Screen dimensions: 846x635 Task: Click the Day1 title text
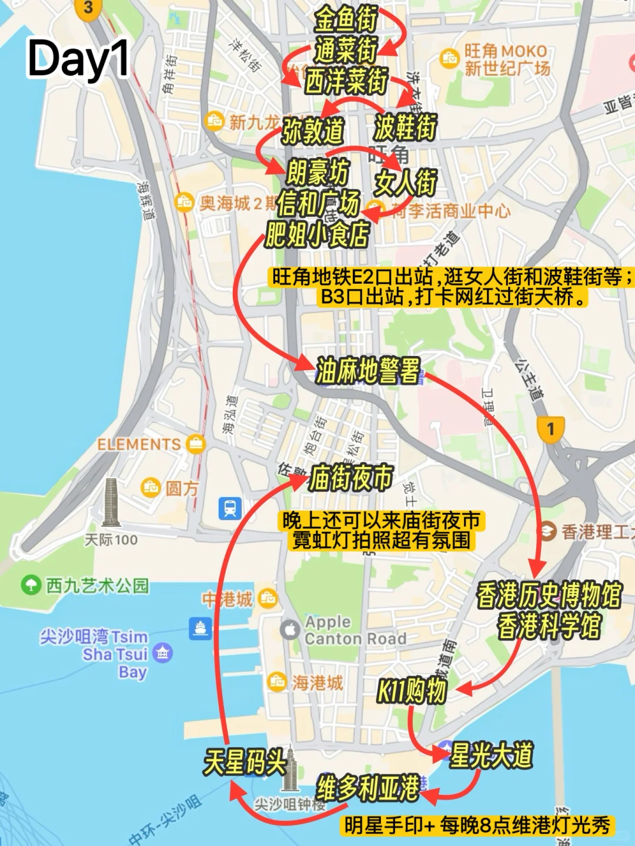tap(78, 59)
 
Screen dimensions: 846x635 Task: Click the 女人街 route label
tap(406, 183)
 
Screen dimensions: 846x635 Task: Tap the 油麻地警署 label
tap(368, 371)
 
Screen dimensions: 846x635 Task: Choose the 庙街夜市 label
tap(350, 478)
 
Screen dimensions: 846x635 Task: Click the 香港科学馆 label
tap(549, 626)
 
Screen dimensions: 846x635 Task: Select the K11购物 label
tap(412, 691)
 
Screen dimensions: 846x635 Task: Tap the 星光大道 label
tap(491, 755)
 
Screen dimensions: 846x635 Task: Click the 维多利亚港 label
tap(368, 787)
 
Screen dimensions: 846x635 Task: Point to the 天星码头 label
tap(245, 762)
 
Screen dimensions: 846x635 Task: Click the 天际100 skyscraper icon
tap(111, 502)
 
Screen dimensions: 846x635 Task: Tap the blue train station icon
tap(229, 509)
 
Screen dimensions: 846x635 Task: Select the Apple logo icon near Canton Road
tap(289, 630)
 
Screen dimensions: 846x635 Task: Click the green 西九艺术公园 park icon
tap(29, 585)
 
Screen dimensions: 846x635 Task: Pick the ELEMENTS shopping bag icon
tap(195, 444)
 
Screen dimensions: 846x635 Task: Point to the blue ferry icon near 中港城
tap(200, 628)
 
